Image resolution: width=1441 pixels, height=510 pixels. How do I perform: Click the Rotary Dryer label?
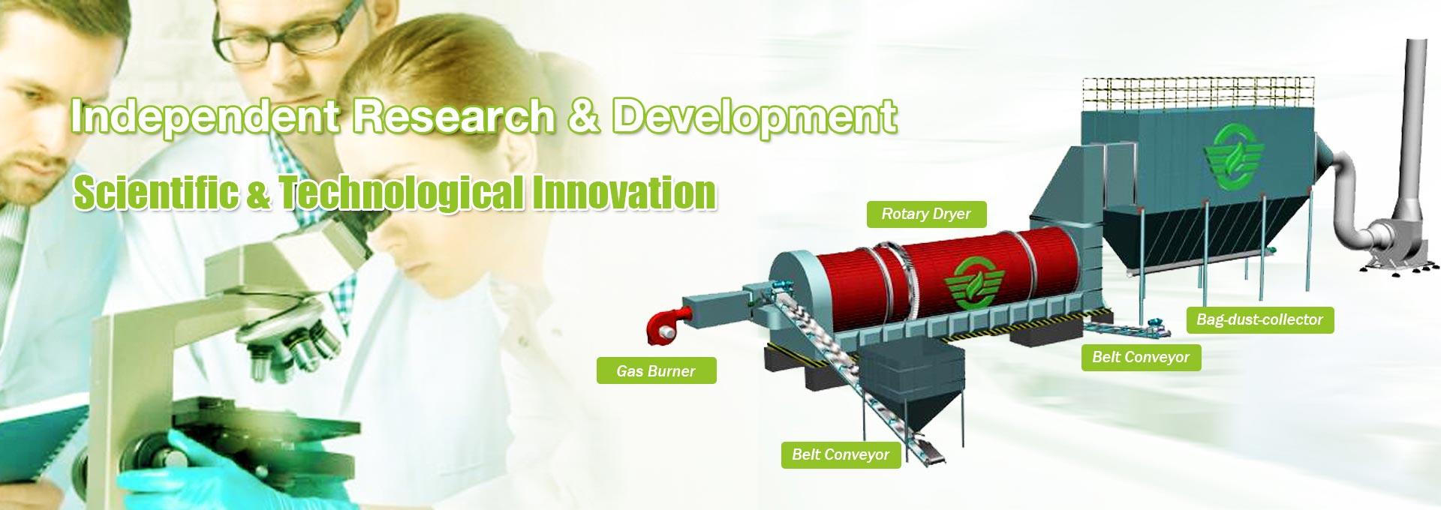click(926, 214)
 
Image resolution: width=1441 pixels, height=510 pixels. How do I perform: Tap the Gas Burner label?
click(656, 370)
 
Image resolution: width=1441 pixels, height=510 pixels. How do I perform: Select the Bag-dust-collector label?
click(1259, 319)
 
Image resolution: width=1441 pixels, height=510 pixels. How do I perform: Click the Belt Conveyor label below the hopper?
click(841, 454)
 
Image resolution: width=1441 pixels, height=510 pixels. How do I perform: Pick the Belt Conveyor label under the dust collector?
click(1141, 357)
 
